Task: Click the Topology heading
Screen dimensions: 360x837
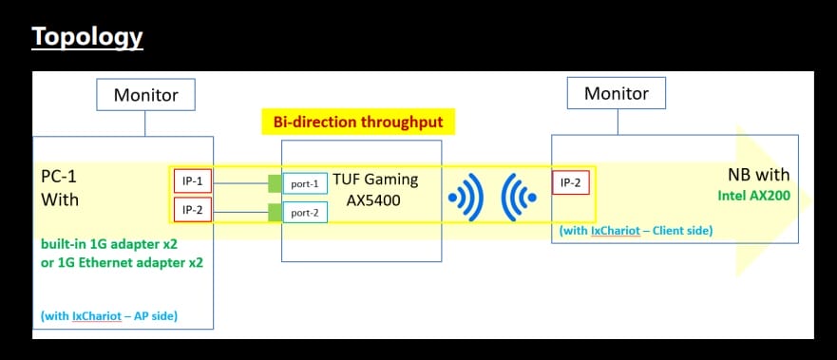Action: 87,37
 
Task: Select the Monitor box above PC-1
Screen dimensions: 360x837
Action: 145,95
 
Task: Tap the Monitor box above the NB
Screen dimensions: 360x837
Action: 616,93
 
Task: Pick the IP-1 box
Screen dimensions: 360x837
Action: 192,180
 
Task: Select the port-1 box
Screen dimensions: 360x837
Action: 305,182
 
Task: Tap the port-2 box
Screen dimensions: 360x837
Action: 305,212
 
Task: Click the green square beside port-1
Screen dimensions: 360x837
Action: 275,181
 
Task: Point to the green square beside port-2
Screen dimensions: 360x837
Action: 275,212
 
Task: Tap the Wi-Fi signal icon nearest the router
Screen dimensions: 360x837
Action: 466,197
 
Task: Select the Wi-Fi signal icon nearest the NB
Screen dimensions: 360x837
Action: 519,197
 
